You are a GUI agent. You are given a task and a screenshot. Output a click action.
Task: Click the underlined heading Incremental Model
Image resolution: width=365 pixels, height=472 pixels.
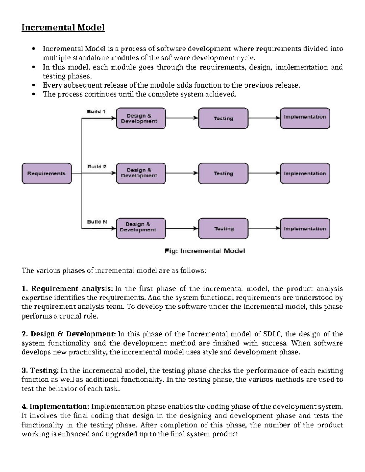(63, 28)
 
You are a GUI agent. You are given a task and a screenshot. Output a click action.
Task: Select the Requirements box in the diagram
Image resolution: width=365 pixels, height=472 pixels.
(47, 174)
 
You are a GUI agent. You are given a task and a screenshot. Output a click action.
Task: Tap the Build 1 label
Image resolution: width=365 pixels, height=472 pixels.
(96, 112)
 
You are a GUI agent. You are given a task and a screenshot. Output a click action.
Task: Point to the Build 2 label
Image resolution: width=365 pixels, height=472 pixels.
(97, 167)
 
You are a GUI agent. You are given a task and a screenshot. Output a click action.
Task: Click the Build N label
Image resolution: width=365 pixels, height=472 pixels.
(97, 222)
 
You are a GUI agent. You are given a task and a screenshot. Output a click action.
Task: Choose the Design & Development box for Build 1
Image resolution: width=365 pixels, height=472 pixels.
(141, 118)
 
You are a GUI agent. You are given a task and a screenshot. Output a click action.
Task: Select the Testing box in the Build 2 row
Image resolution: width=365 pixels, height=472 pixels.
(223, 174)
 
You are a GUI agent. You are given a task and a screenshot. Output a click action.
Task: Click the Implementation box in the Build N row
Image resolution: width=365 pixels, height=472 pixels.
(305, 229)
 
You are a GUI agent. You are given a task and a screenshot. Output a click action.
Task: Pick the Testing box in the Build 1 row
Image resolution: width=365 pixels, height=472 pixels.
(223, 118)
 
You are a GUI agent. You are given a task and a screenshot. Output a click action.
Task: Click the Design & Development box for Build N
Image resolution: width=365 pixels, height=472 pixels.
(141, 229)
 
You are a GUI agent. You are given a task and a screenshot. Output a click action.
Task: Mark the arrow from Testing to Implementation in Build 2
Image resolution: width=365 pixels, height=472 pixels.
(264, 173)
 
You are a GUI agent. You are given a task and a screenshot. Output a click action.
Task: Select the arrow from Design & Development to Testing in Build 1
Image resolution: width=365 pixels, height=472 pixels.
(182, 118)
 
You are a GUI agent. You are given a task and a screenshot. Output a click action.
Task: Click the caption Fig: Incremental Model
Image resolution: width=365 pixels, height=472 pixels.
(205, 251)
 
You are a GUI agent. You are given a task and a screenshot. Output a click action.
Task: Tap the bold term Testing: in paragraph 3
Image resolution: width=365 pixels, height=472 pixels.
(44, 370)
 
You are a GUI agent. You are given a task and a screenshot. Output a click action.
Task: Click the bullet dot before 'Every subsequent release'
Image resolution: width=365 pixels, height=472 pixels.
(34, 85)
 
